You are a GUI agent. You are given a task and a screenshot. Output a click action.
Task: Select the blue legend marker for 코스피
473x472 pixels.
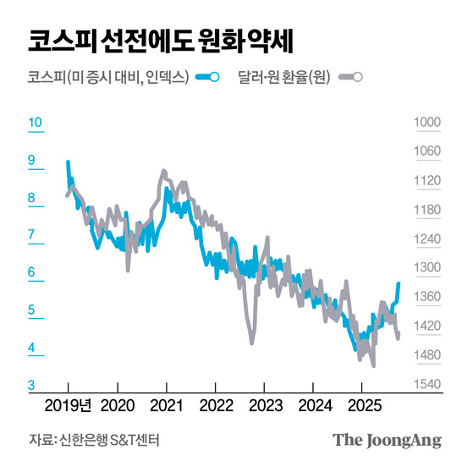[207, 78]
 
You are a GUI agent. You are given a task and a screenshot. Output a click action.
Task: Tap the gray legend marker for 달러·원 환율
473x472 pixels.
[350, 78]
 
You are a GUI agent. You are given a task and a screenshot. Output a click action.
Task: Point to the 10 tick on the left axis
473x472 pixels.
[35, 123]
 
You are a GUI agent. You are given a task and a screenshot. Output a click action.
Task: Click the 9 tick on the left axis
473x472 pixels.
[32, 160]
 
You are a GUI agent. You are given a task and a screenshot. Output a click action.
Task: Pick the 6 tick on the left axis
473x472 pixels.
[32, 272]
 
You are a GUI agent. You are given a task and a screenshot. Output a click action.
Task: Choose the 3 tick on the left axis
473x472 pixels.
[32, 385]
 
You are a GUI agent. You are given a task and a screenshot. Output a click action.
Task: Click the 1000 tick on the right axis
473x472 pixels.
[427, 123]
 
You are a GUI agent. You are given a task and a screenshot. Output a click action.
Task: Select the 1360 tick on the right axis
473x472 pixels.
[427, 297]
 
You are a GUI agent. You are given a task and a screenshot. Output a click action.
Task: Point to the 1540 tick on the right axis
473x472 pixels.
[427, 385]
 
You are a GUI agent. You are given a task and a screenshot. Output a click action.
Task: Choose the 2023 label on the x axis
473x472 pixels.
[265, 403]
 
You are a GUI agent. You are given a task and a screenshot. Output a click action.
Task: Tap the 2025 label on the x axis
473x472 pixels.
[361, 403]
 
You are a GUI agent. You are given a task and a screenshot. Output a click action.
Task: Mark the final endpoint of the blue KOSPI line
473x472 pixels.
[399, 284]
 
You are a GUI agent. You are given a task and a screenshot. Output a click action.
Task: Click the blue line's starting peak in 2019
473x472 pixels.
[69, 162]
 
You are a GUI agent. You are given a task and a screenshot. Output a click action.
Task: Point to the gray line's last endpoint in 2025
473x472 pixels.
[399, 338]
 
